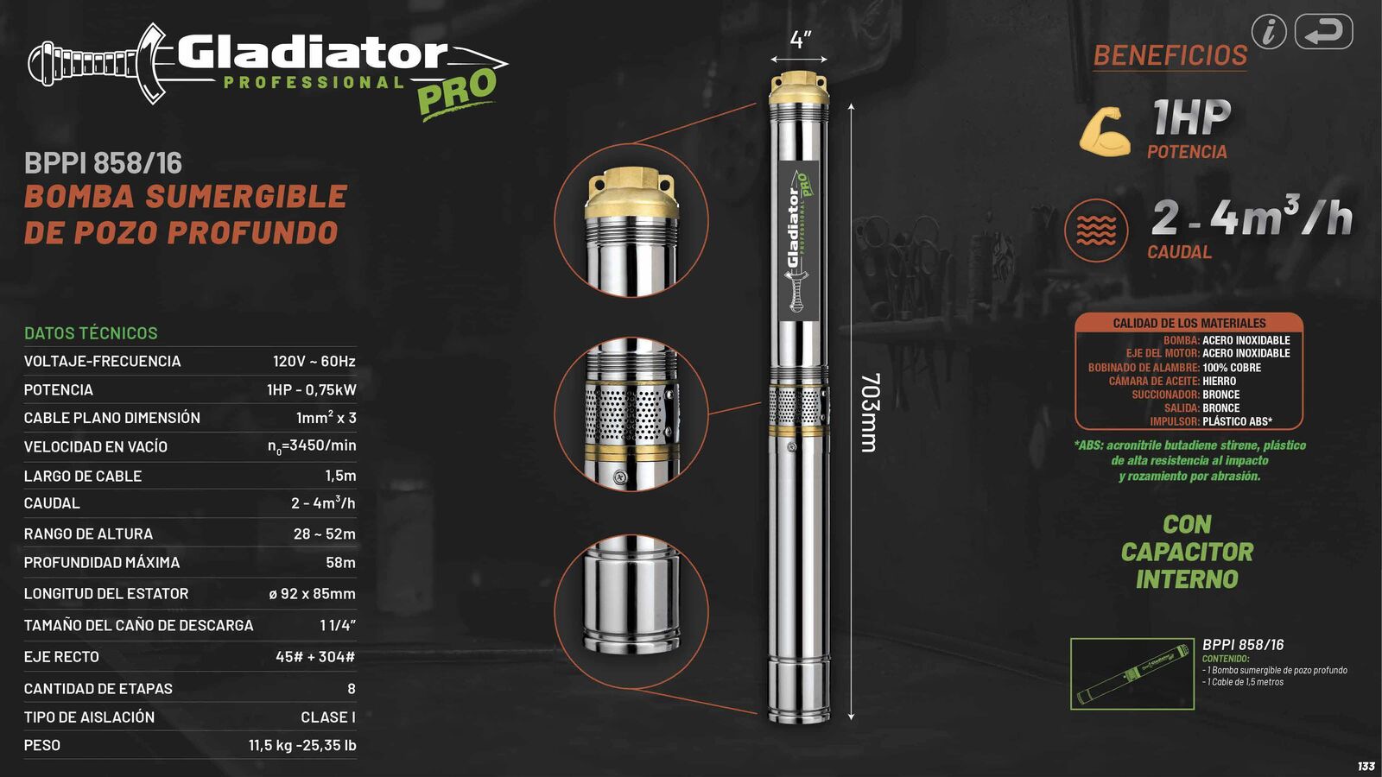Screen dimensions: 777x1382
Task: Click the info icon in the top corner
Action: click(x=1269, y=32)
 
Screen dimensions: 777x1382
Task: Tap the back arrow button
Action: click(x=1323, y=32)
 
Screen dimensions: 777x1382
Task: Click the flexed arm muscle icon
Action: click(x=1105, y=132)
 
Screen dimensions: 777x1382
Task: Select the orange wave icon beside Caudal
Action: click(x=1096, y=231)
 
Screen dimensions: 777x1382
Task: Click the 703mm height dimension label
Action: click(x=870, y=412)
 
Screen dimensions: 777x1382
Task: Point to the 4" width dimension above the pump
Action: click(x=800, y=40)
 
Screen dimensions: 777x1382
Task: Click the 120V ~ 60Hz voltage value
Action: click(x=314, y=361)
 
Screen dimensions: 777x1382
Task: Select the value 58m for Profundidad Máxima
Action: click(x=340, y=562)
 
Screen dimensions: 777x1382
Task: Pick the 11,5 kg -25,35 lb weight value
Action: click(x=302, y=745)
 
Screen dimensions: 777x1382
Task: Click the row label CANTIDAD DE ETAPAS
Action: click(x=98, y=688)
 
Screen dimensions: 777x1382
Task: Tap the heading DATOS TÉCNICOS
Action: click(x=91, y=332)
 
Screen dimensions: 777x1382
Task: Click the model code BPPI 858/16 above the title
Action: click(x=103, y=163)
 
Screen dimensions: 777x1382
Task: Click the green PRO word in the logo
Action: click(x=457, y=92)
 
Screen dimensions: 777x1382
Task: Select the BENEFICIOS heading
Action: click(x=1170, y=55)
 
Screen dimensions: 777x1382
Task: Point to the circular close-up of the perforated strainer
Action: click(x=631, y=414)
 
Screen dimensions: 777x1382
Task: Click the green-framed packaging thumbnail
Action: click(x=1132, y=673)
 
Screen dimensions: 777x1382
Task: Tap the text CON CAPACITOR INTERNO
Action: click(x=1187, y=552)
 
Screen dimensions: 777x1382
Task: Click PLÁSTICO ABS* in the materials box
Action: click(x=1237, y=421)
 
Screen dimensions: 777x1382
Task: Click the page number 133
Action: click(x=1366, y=766)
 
